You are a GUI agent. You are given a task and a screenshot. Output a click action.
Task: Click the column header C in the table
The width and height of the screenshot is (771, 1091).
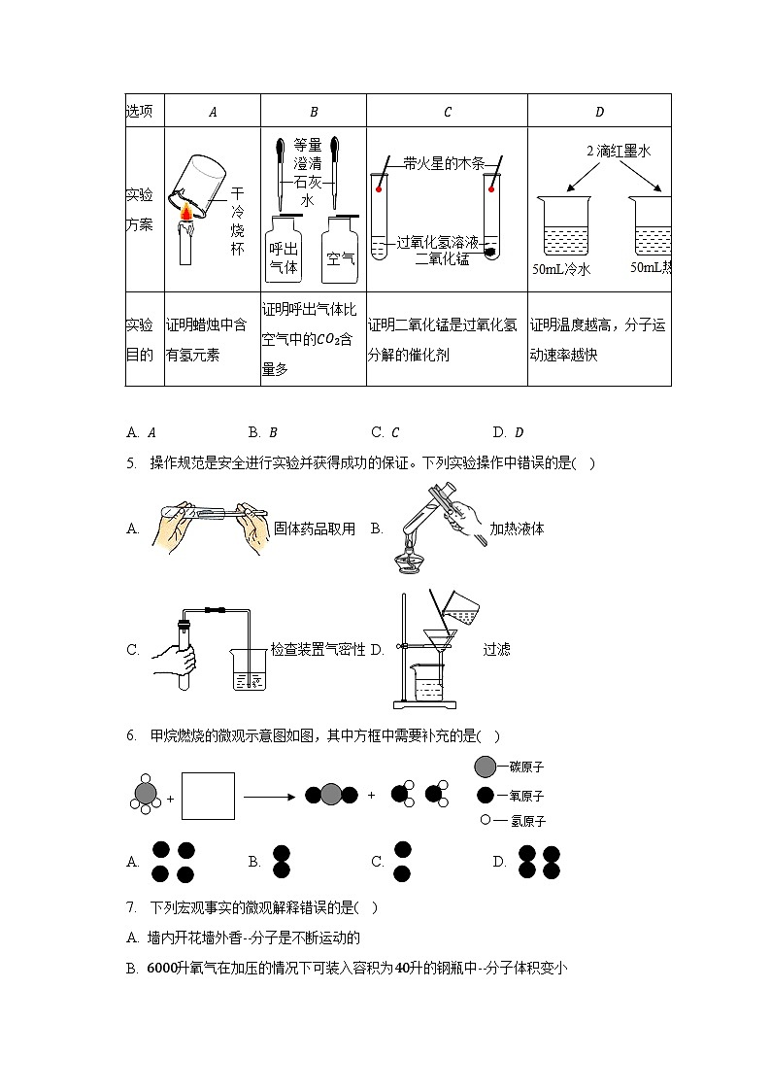[447, 112]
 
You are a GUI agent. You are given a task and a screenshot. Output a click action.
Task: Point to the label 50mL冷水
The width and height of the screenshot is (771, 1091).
[560, 270]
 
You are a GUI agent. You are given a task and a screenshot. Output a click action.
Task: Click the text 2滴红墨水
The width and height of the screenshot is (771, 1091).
[618, 152]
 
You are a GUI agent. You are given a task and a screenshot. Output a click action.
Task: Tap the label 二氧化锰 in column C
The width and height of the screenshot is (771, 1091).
[442, 258]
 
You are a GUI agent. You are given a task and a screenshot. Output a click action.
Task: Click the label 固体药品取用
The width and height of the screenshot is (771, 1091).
[314, 528]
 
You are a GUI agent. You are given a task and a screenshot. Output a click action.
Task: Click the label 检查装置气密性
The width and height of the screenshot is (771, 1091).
[318, 650]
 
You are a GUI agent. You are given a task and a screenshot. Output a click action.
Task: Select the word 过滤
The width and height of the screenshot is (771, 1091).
[496, 650]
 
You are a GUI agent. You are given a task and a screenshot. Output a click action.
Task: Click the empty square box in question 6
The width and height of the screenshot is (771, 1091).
[208, 796]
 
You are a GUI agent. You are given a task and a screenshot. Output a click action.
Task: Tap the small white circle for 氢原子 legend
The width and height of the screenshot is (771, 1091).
[485, 821]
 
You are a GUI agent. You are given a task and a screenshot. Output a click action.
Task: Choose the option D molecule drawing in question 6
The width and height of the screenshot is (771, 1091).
[540, 862]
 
